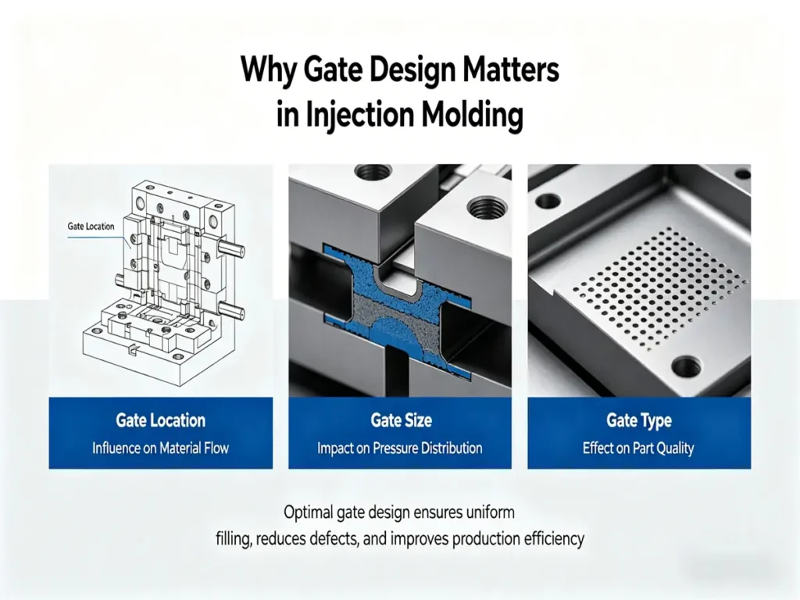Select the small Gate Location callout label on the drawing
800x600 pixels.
point(91,227)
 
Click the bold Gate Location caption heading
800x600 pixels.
point(160,420)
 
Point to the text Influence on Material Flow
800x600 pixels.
point(160,448)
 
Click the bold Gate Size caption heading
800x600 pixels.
point(400,420)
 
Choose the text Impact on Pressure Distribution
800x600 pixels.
point(400,448)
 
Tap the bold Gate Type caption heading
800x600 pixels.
point(638,420)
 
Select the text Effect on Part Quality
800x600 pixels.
point(638,448)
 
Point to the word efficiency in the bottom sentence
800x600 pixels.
point(555,539)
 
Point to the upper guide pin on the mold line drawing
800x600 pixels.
point(234,252)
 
